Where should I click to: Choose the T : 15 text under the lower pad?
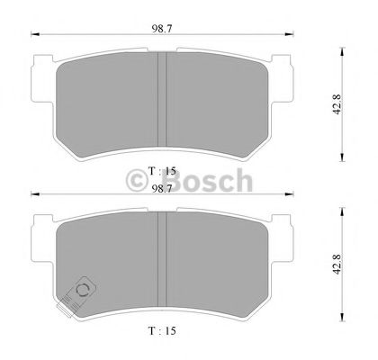coord(163,329)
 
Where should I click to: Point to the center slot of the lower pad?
coord(163,261)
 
